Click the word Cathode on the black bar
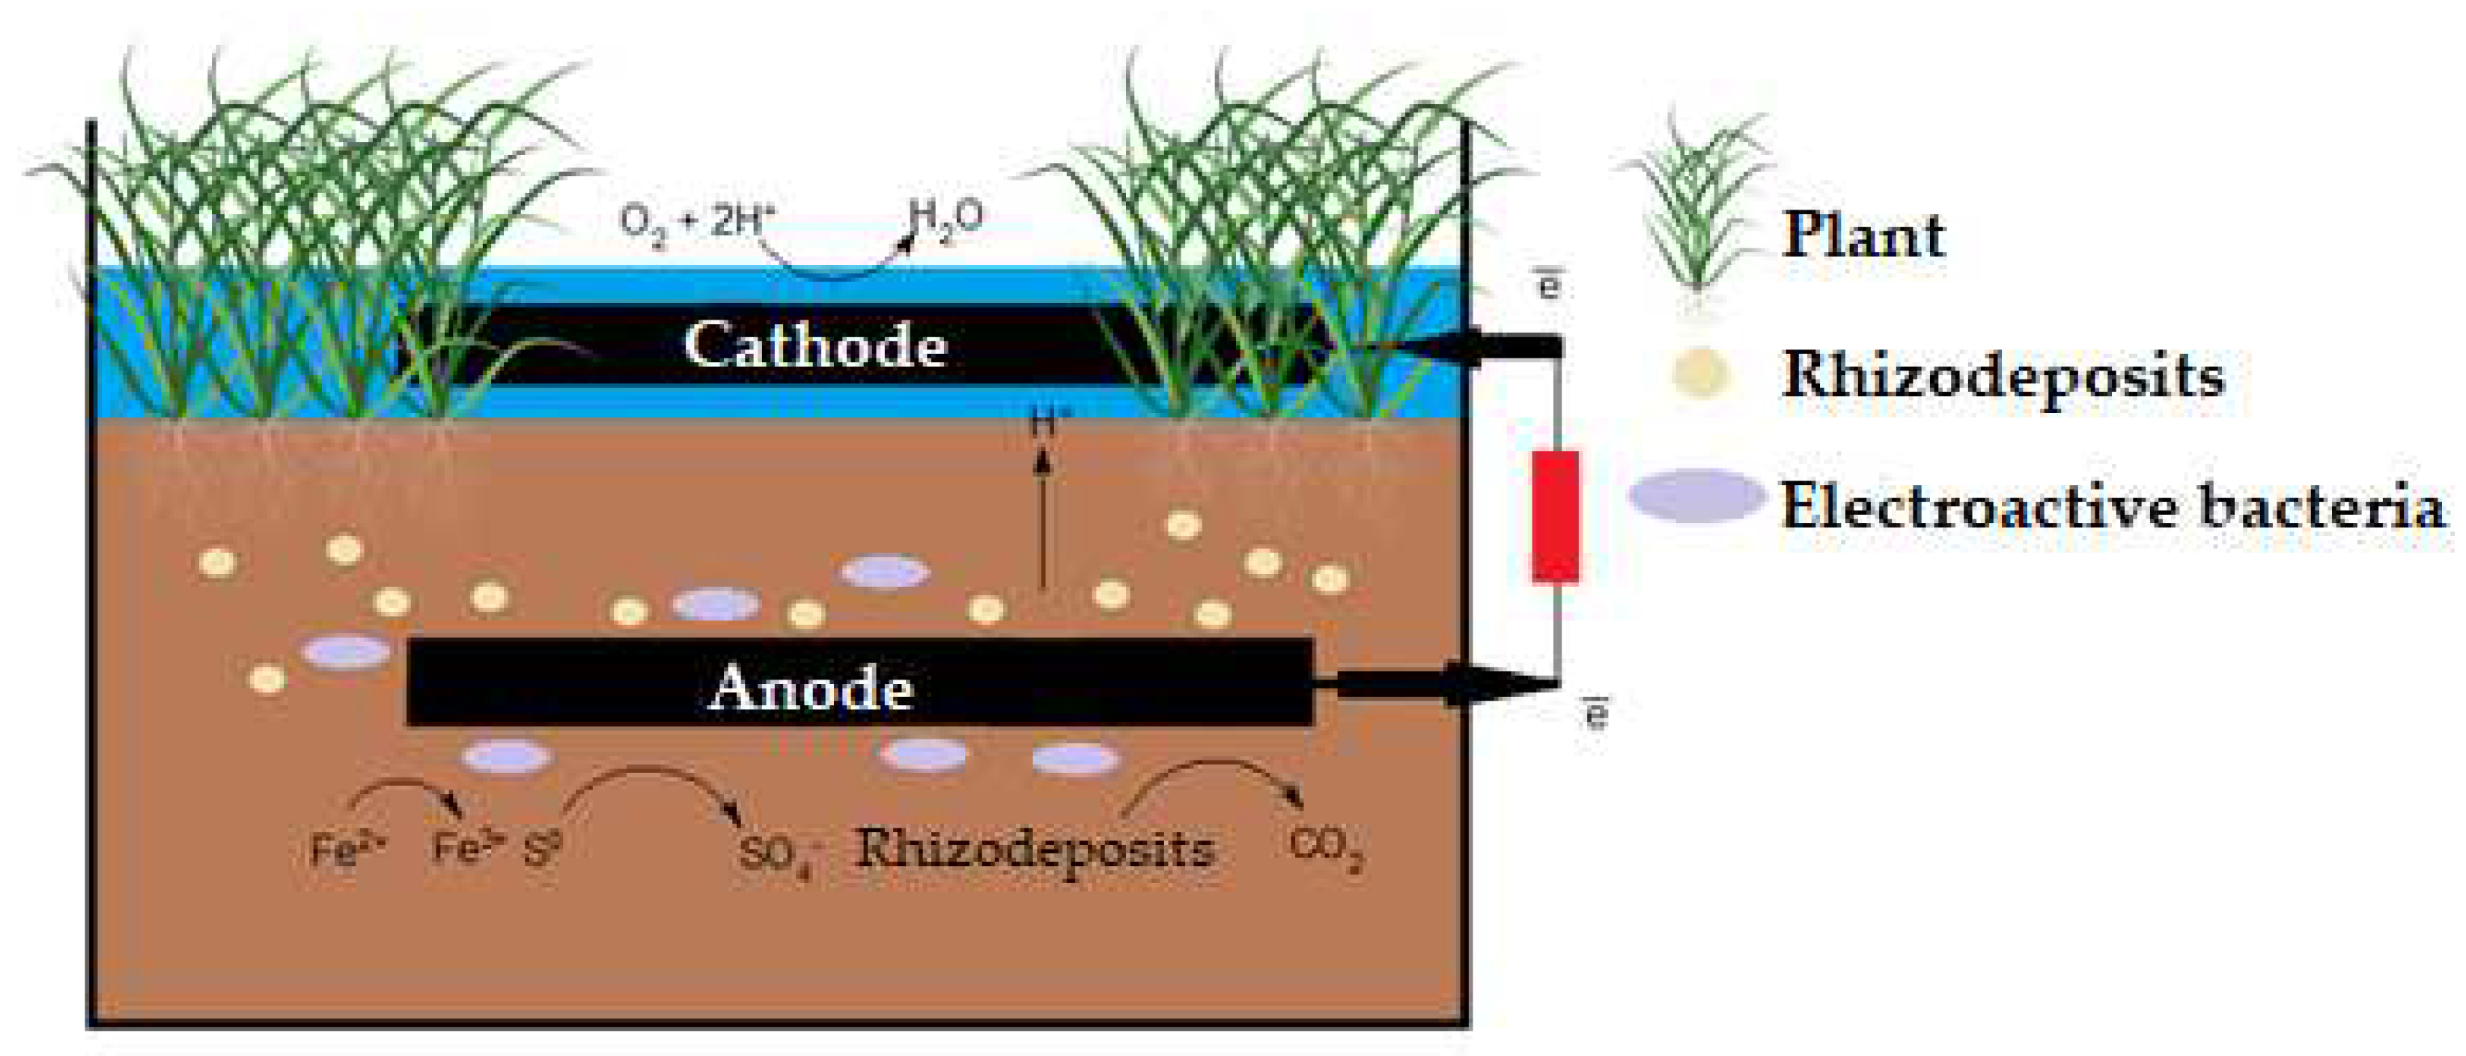(815, 346)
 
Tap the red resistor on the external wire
(1555, 517)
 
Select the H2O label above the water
(946, 220)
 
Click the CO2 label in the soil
(1325, 848)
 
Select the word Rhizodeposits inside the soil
(1035, 848)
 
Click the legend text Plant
(1863, 234)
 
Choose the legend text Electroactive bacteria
(2112, 505)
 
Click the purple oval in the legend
(1696, 497)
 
